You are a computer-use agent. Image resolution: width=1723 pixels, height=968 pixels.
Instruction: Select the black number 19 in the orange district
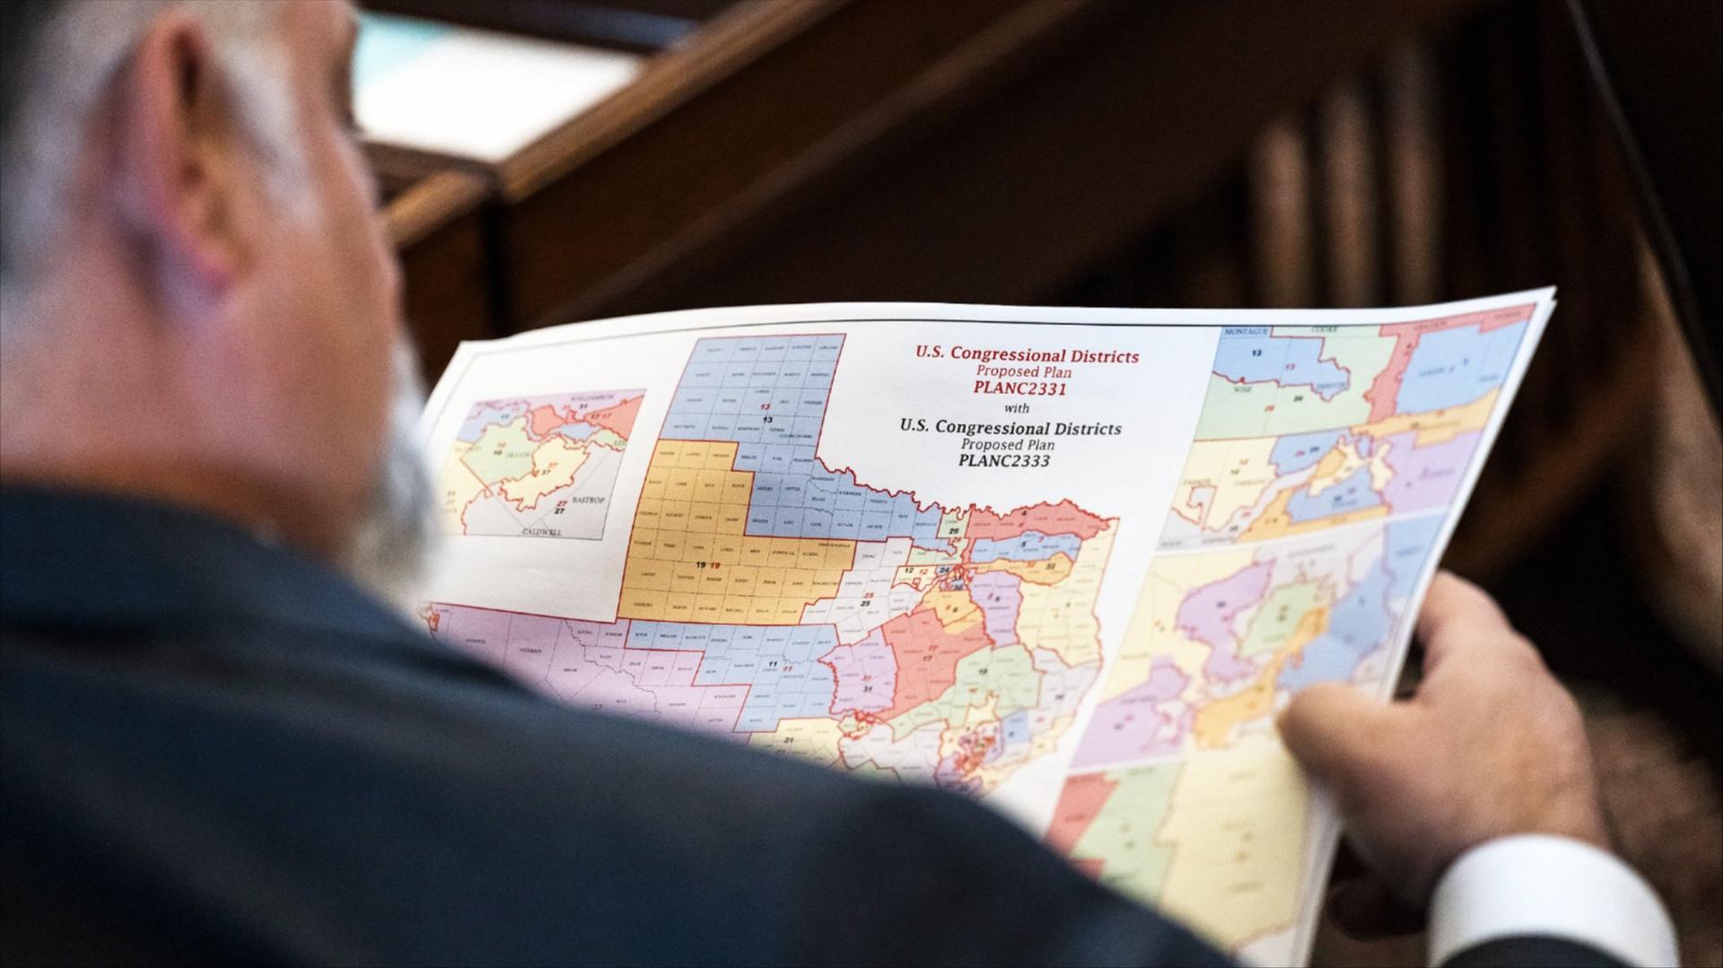coord(699,565)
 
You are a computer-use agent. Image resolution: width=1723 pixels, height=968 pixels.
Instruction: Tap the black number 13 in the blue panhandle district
coord(766,419)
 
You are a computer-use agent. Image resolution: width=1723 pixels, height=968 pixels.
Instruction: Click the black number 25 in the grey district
coord(865,604)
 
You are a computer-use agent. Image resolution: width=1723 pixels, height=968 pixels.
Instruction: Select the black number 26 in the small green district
coord(954,531)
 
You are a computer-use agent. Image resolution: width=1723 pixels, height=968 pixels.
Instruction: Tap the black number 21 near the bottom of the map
coord(789,741)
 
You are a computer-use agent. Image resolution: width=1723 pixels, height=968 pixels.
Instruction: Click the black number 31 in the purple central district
coord(867,689)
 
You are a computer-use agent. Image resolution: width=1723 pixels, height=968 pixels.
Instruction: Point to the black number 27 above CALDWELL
coord(559,510)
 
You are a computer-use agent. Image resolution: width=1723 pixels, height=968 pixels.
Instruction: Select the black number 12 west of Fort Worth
coord(908,571)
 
